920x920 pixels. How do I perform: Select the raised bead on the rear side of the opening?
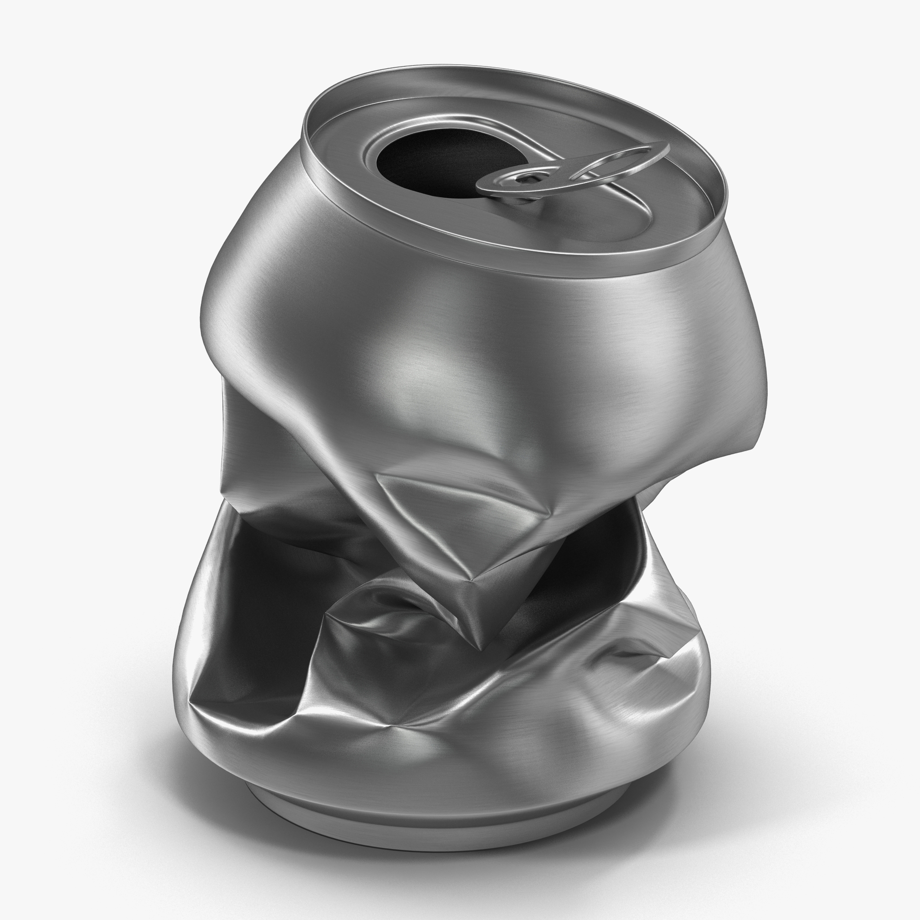pos(429,119)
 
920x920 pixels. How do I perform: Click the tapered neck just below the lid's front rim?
pos(476,281)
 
